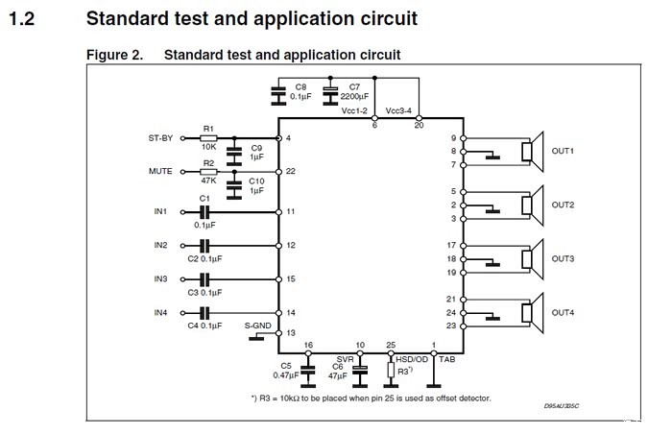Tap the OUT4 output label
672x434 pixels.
[x=563, y=313]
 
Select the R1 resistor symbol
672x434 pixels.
[x=209, y=138]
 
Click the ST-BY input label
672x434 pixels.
[x=160, y=138]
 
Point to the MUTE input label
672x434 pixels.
[x=160, y=171]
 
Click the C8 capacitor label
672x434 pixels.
[x=301, y=86]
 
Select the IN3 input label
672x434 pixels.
[x=160, y=278]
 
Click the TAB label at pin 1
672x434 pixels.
[x=446, y=357]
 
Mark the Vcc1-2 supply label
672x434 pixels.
[x=355, y=110]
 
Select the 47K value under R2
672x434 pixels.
[x=209, y=181]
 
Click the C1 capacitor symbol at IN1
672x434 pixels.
[x=204, y=211]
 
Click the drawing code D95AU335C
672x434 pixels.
[x=562, y=405]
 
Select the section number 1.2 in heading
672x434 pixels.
[x=22, y=18]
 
